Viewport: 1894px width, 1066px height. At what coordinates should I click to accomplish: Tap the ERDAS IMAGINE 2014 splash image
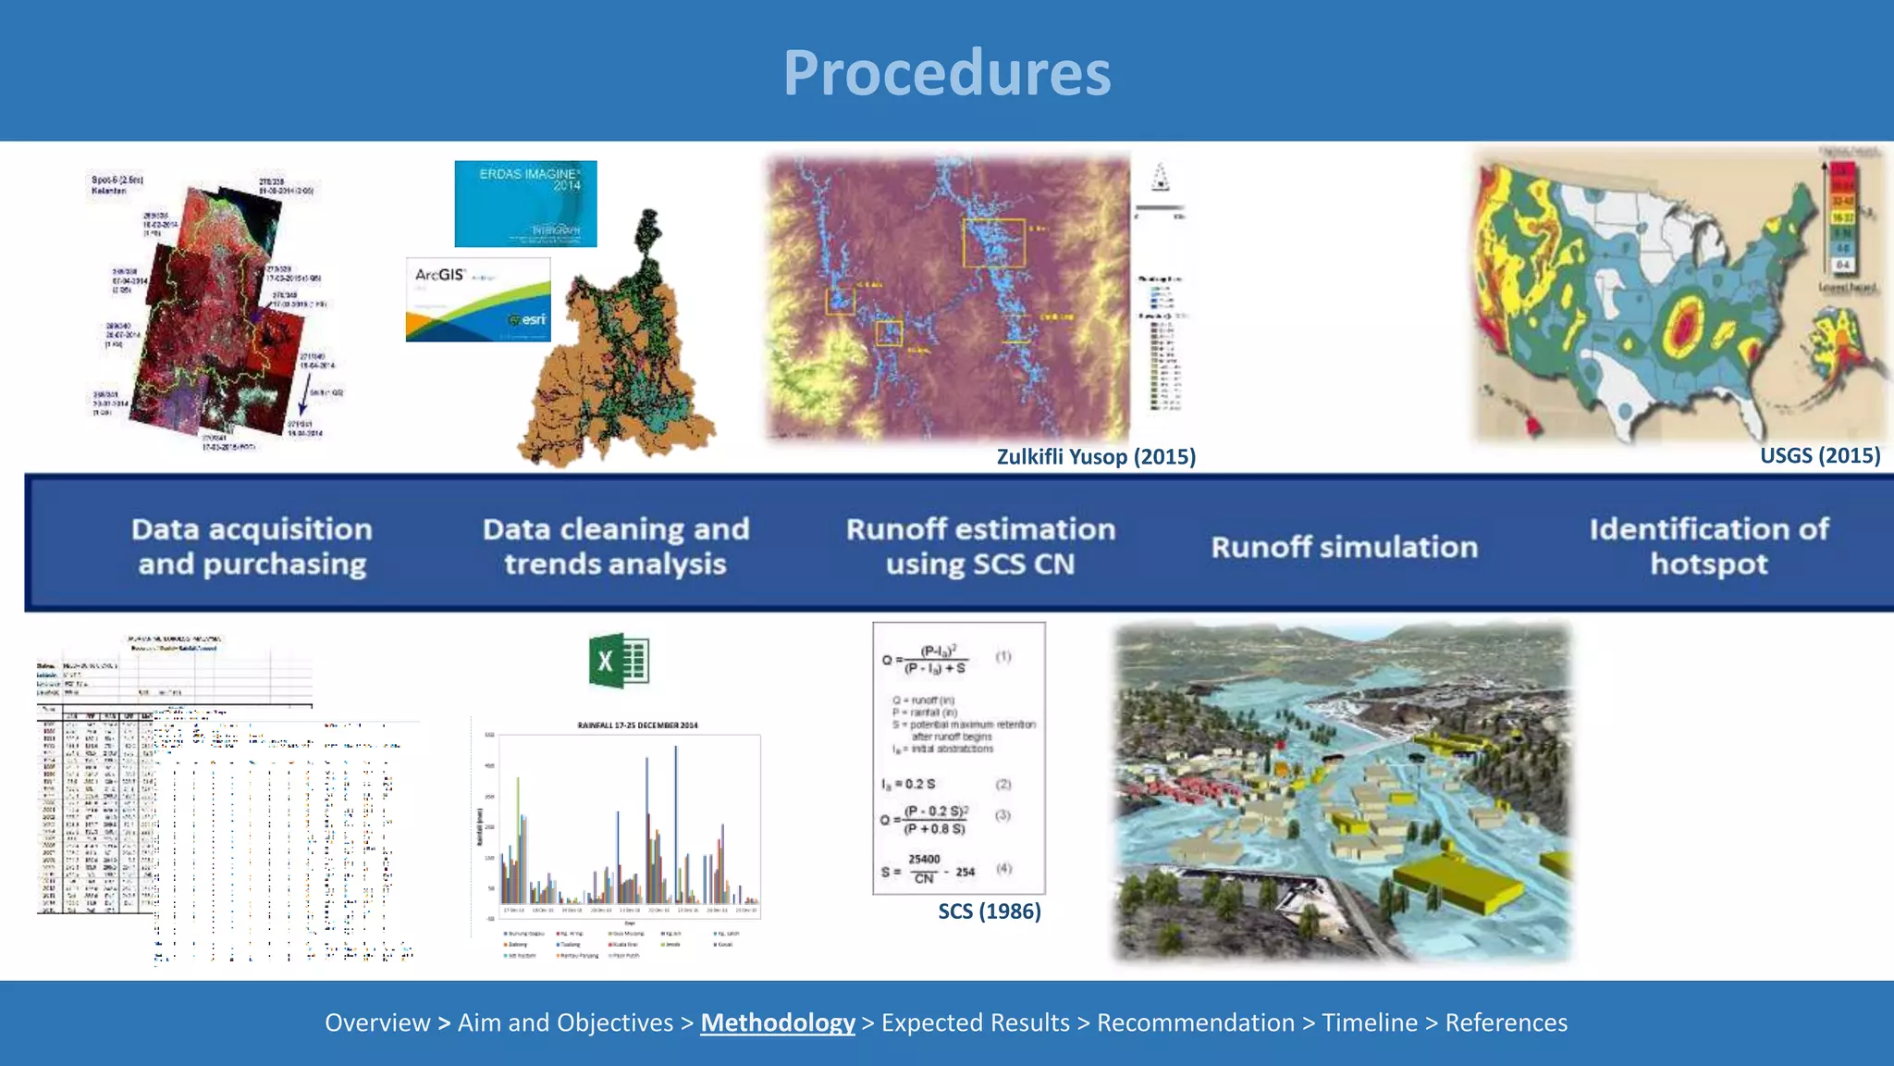[x=525, y=204]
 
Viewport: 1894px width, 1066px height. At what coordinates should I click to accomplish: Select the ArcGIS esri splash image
[x=478, y=300]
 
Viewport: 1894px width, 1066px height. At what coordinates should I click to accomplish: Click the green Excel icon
[x=619, y=661]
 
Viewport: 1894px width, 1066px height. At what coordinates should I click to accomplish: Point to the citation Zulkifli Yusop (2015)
[x=1096, y=456]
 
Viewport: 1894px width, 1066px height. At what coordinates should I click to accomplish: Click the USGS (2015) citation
[x=1819, y=455]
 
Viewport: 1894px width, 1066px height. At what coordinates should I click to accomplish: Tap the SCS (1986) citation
[x=989, y=911]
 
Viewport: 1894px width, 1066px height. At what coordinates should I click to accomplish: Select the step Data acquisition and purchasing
[x=252, y=546]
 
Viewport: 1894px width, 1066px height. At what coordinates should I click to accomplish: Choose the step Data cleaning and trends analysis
[x=615, y=546]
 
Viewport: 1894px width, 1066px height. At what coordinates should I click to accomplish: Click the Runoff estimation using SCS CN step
[x=980, y=546]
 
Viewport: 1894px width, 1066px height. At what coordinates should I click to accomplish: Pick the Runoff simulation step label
[x=1344, y=547]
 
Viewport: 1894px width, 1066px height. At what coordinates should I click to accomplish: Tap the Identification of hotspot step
[x=1708, y=546]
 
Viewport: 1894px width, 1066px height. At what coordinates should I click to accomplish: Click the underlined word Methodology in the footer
[x=777, y=1023]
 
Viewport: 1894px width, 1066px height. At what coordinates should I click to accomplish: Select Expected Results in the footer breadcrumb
[x=975, y=1023]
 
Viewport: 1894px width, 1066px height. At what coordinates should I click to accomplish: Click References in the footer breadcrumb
[x=1506, y=1023]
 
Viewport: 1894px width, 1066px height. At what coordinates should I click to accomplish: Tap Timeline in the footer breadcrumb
[x=1369, y=1023]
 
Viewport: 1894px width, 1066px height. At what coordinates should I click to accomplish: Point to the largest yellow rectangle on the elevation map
[x=993, y=242]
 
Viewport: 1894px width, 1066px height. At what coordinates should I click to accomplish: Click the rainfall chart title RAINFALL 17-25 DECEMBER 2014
[x=637, y=725]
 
